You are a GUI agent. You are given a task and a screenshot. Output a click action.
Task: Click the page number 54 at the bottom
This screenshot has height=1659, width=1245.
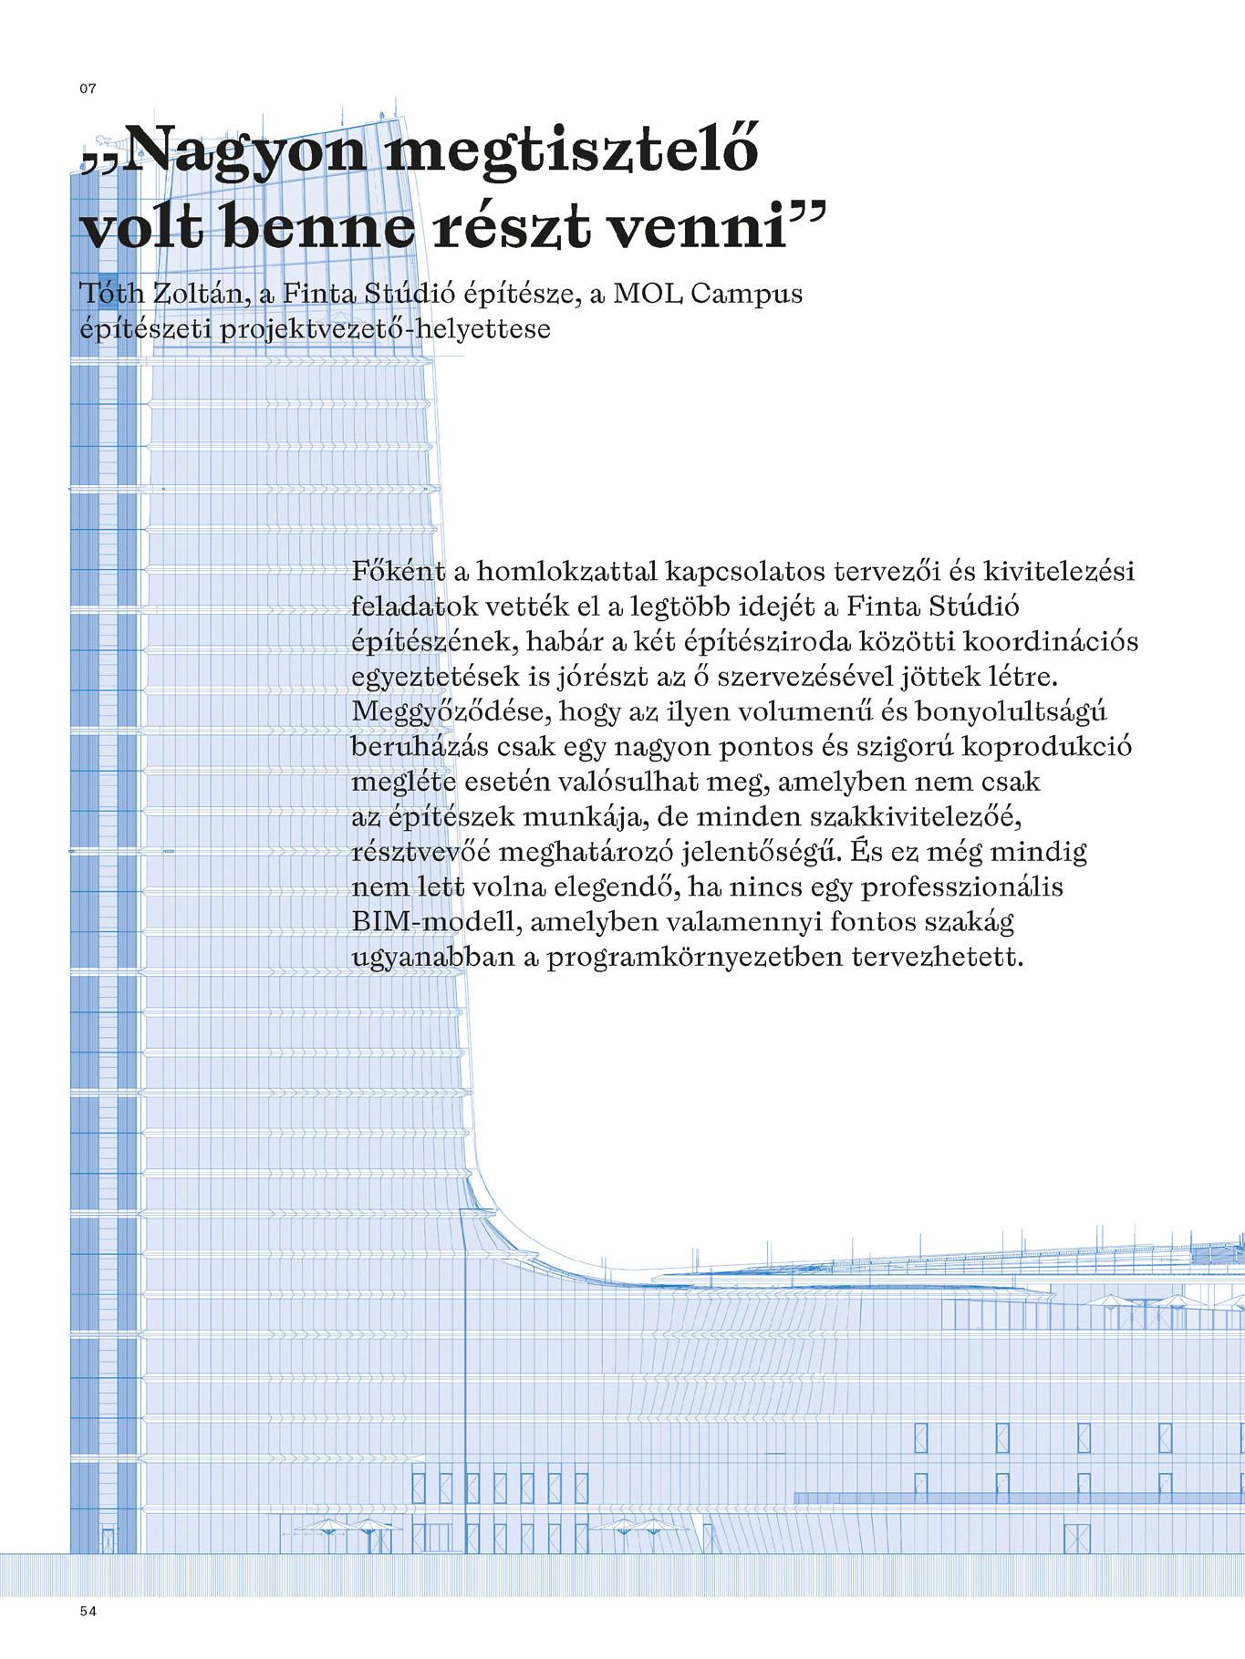pos(88,1611)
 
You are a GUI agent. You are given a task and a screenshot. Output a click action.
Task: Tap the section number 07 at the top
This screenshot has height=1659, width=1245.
pos(88,88)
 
